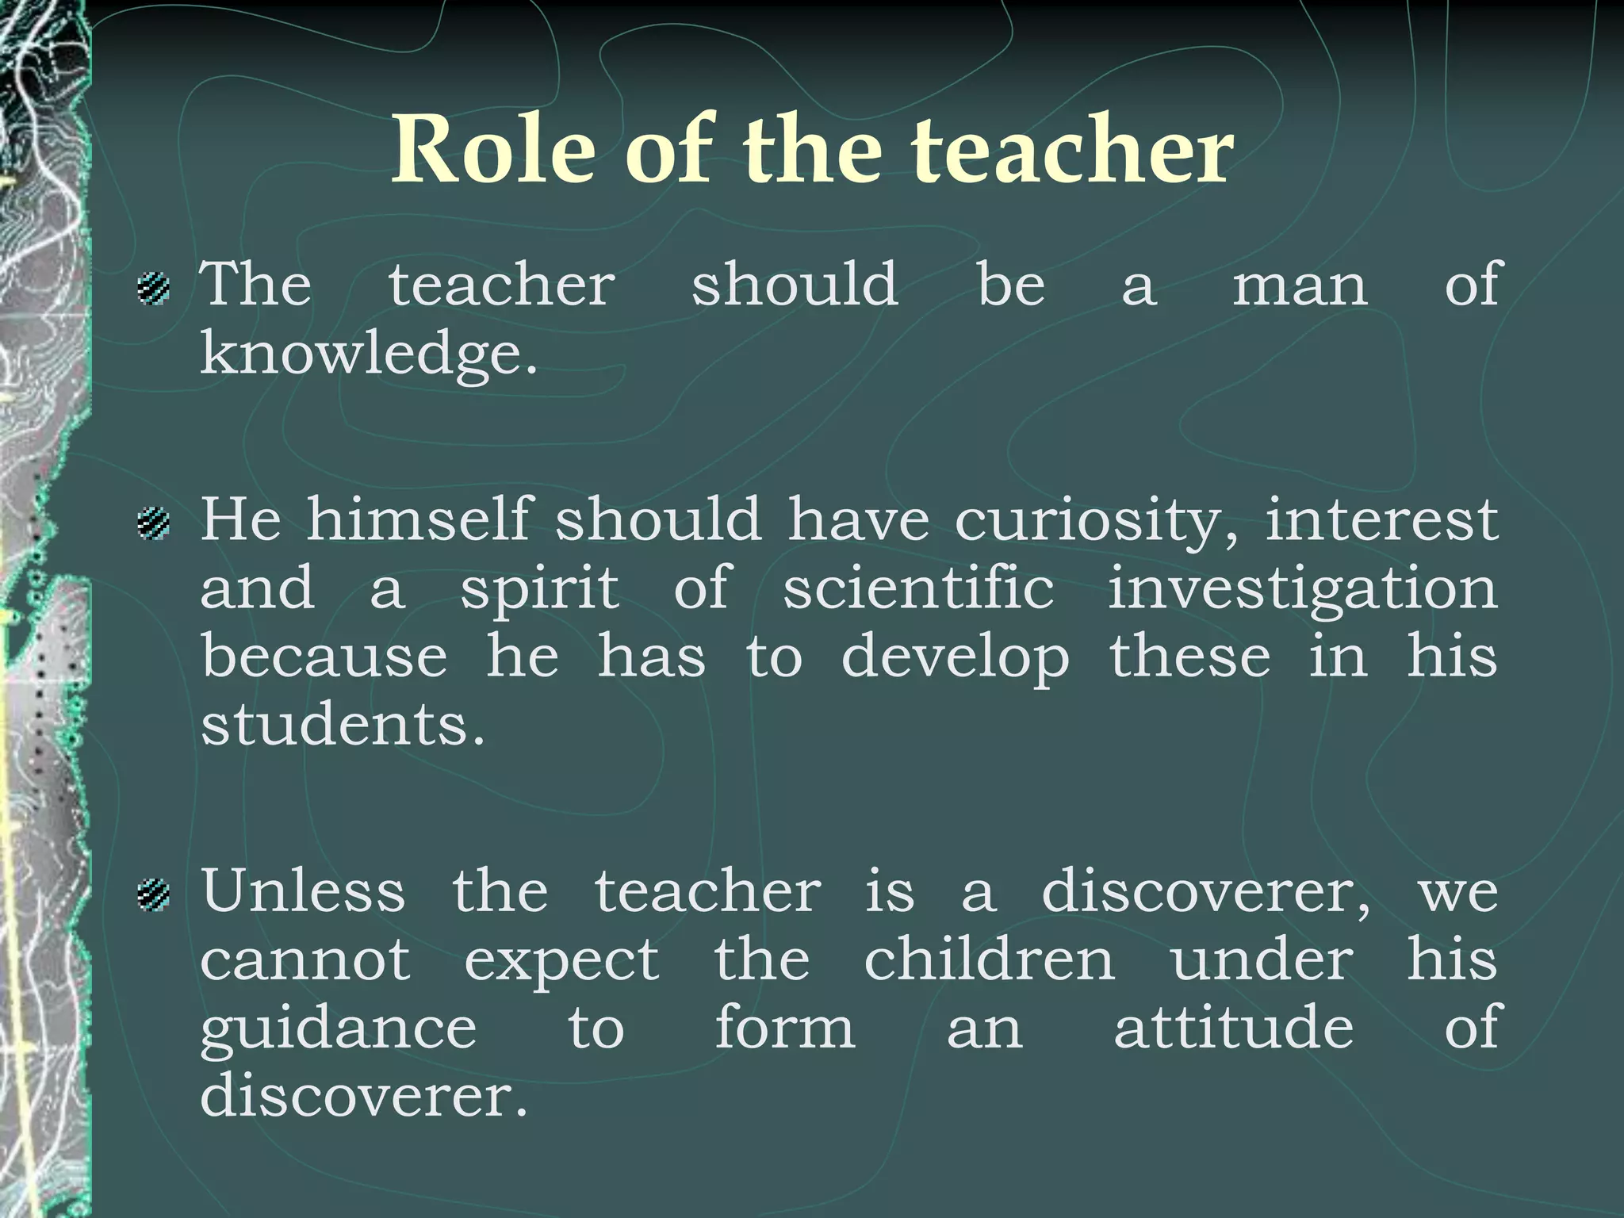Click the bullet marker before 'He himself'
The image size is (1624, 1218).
tap(153, 523)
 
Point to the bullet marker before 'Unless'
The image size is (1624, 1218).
tap(153, 894)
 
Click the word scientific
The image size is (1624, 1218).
tap(918, 588)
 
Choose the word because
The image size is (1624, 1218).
tap(324, 657)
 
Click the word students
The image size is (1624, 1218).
tap(342, 725)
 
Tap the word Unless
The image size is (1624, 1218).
tap(303, 891)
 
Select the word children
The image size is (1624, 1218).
tap(990, 960)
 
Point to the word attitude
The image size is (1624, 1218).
tap(1234, 1028)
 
